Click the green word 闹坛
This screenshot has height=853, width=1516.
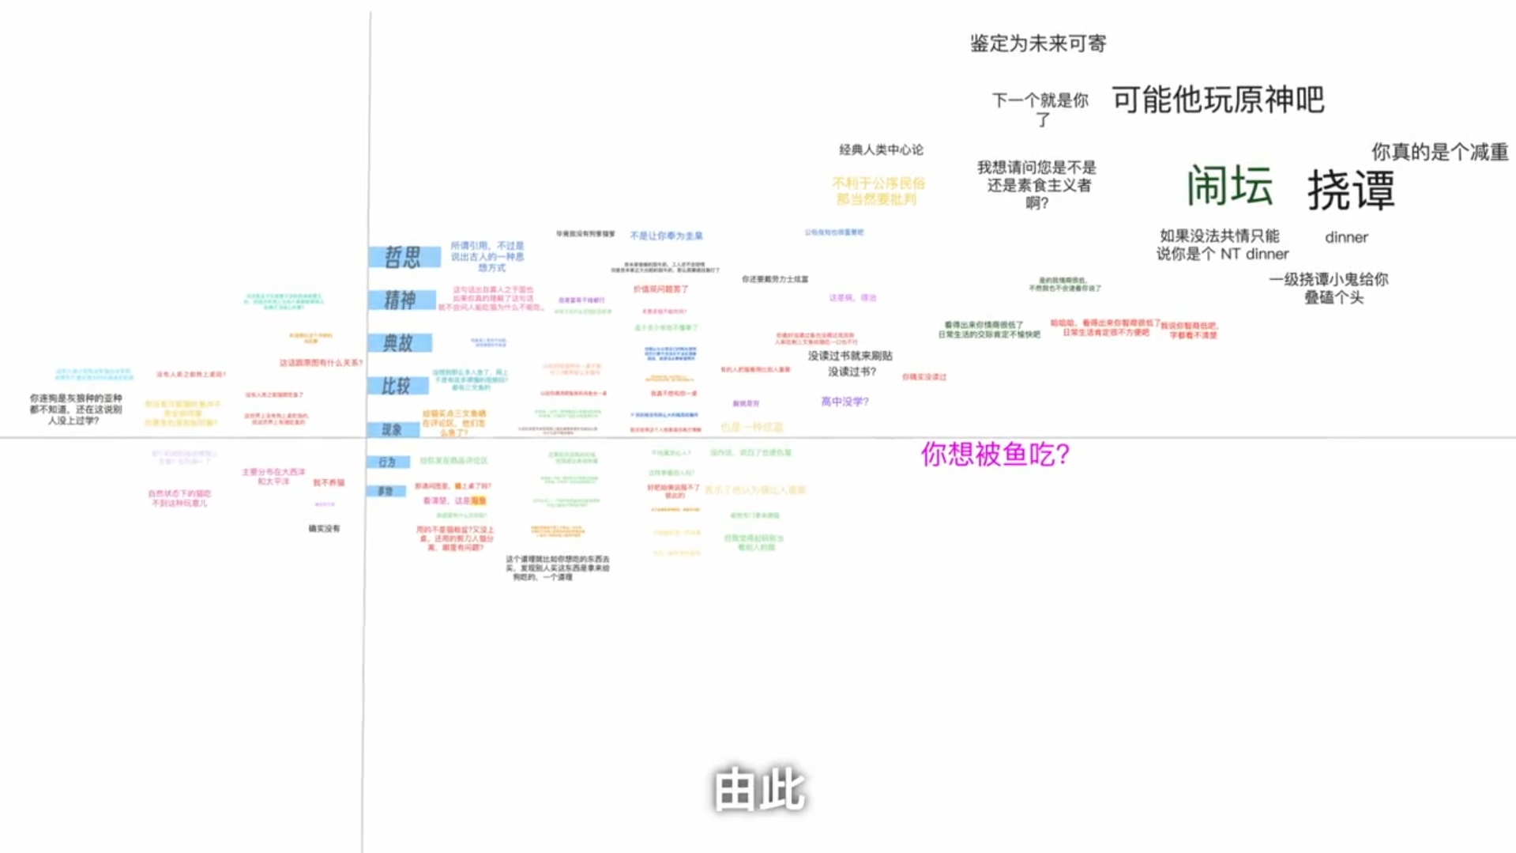[x=1229, y=186]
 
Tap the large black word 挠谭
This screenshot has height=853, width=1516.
[x=1350, y=191]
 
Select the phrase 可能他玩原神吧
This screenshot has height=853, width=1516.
[x=1217, y=100]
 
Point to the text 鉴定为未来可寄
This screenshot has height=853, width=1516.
[x=1037, y=43]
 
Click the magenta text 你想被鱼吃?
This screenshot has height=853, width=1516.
[x=995, y=455]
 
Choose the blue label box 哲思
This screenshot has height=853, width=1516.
[x=404, y=257]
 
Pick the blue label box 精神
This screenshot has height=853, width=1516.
[x=401, y=300]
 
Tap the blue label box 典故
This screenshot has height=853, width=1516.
[x=399, y=343]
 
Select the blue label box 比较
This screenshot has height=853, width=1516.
[x=397, y=386]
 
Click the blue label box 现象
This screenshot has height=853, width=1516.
[x=393, y=429]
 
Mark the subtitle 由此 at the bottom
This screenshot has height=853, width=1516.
[x=758, y=789]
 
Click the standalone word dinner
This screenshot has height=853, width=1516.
[x=1346, y=237]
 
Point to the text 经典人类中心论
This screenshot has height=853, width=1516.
[x=881, y=149]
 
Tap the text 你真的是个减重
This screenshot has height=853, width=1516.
[x=1439, y=152]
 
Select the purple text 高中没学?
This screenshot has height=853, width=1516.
[x=845, y=402]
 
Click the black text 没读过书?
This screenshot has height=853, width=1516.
[x=852, y=372]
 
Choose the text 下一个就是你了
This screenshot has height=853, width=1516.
[x=1040, y=109]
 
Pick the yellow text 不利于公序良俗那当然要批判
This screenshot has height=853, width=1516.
[x=878, y=191]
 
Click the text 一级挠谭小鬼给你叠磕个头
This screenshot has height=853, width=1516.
[x=1329, y=288]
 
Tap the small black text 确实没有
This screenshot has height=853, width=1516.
[x=324, y=528]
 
